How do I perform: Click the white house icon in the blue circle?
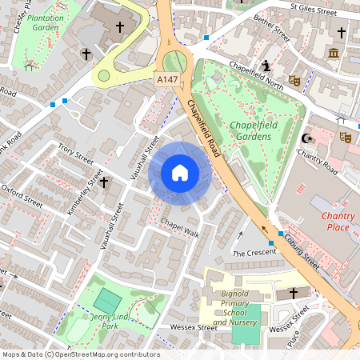pyautogui.click(x=180, y=173)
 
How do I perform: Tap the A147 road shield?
pyautogui.click(x=167, y=78)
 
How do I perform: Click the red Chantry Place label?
pyautogui.click(x=338, y=222)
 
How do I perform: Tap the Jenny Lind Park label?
pyautogui.click(x=111, y=322)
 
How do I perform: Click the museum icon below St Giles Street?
pyautogui.click(x=333, y=53)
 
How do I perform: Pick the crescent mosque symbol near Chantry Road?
pyautogui.click(x=304, y=137)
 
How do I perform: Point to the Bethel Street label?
pyautogui.click(x=272, y=32)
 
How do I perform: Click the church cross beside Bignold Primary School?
pyautogui.click(x=294, y=294)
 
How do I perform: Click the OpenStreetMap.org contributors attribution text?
pyautogui.click(x=105, y=354)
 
